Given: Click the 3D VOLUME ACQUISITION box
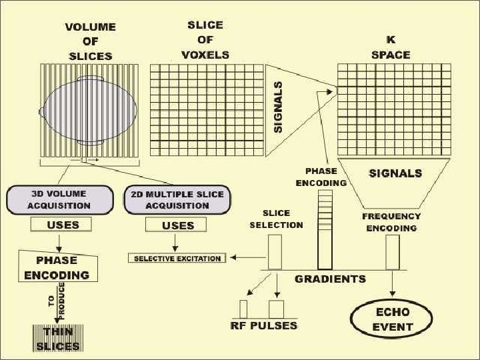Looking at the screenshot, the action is [x=59, y=200].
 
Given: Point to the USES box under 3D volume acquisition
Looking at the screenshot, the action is [x=62, y=225].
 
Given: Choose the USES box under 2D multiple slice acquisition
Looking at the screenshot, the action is [x=178, y=225].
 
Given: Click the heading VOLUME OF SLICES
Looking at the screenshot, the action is [x=90, y=41].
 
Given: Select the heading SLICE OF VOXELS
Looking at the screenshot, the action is [x=205, y=39].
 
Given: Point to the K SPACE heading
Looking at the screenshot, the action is [x=391, y=47].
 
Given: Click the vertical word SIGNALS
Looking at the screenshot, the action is [x=279, y=106].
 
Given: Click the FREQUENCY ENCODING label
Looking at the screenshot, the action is [x=391, y=222].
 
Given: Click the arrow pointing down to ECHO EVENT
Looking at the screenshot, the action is [x=393, y=285].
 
